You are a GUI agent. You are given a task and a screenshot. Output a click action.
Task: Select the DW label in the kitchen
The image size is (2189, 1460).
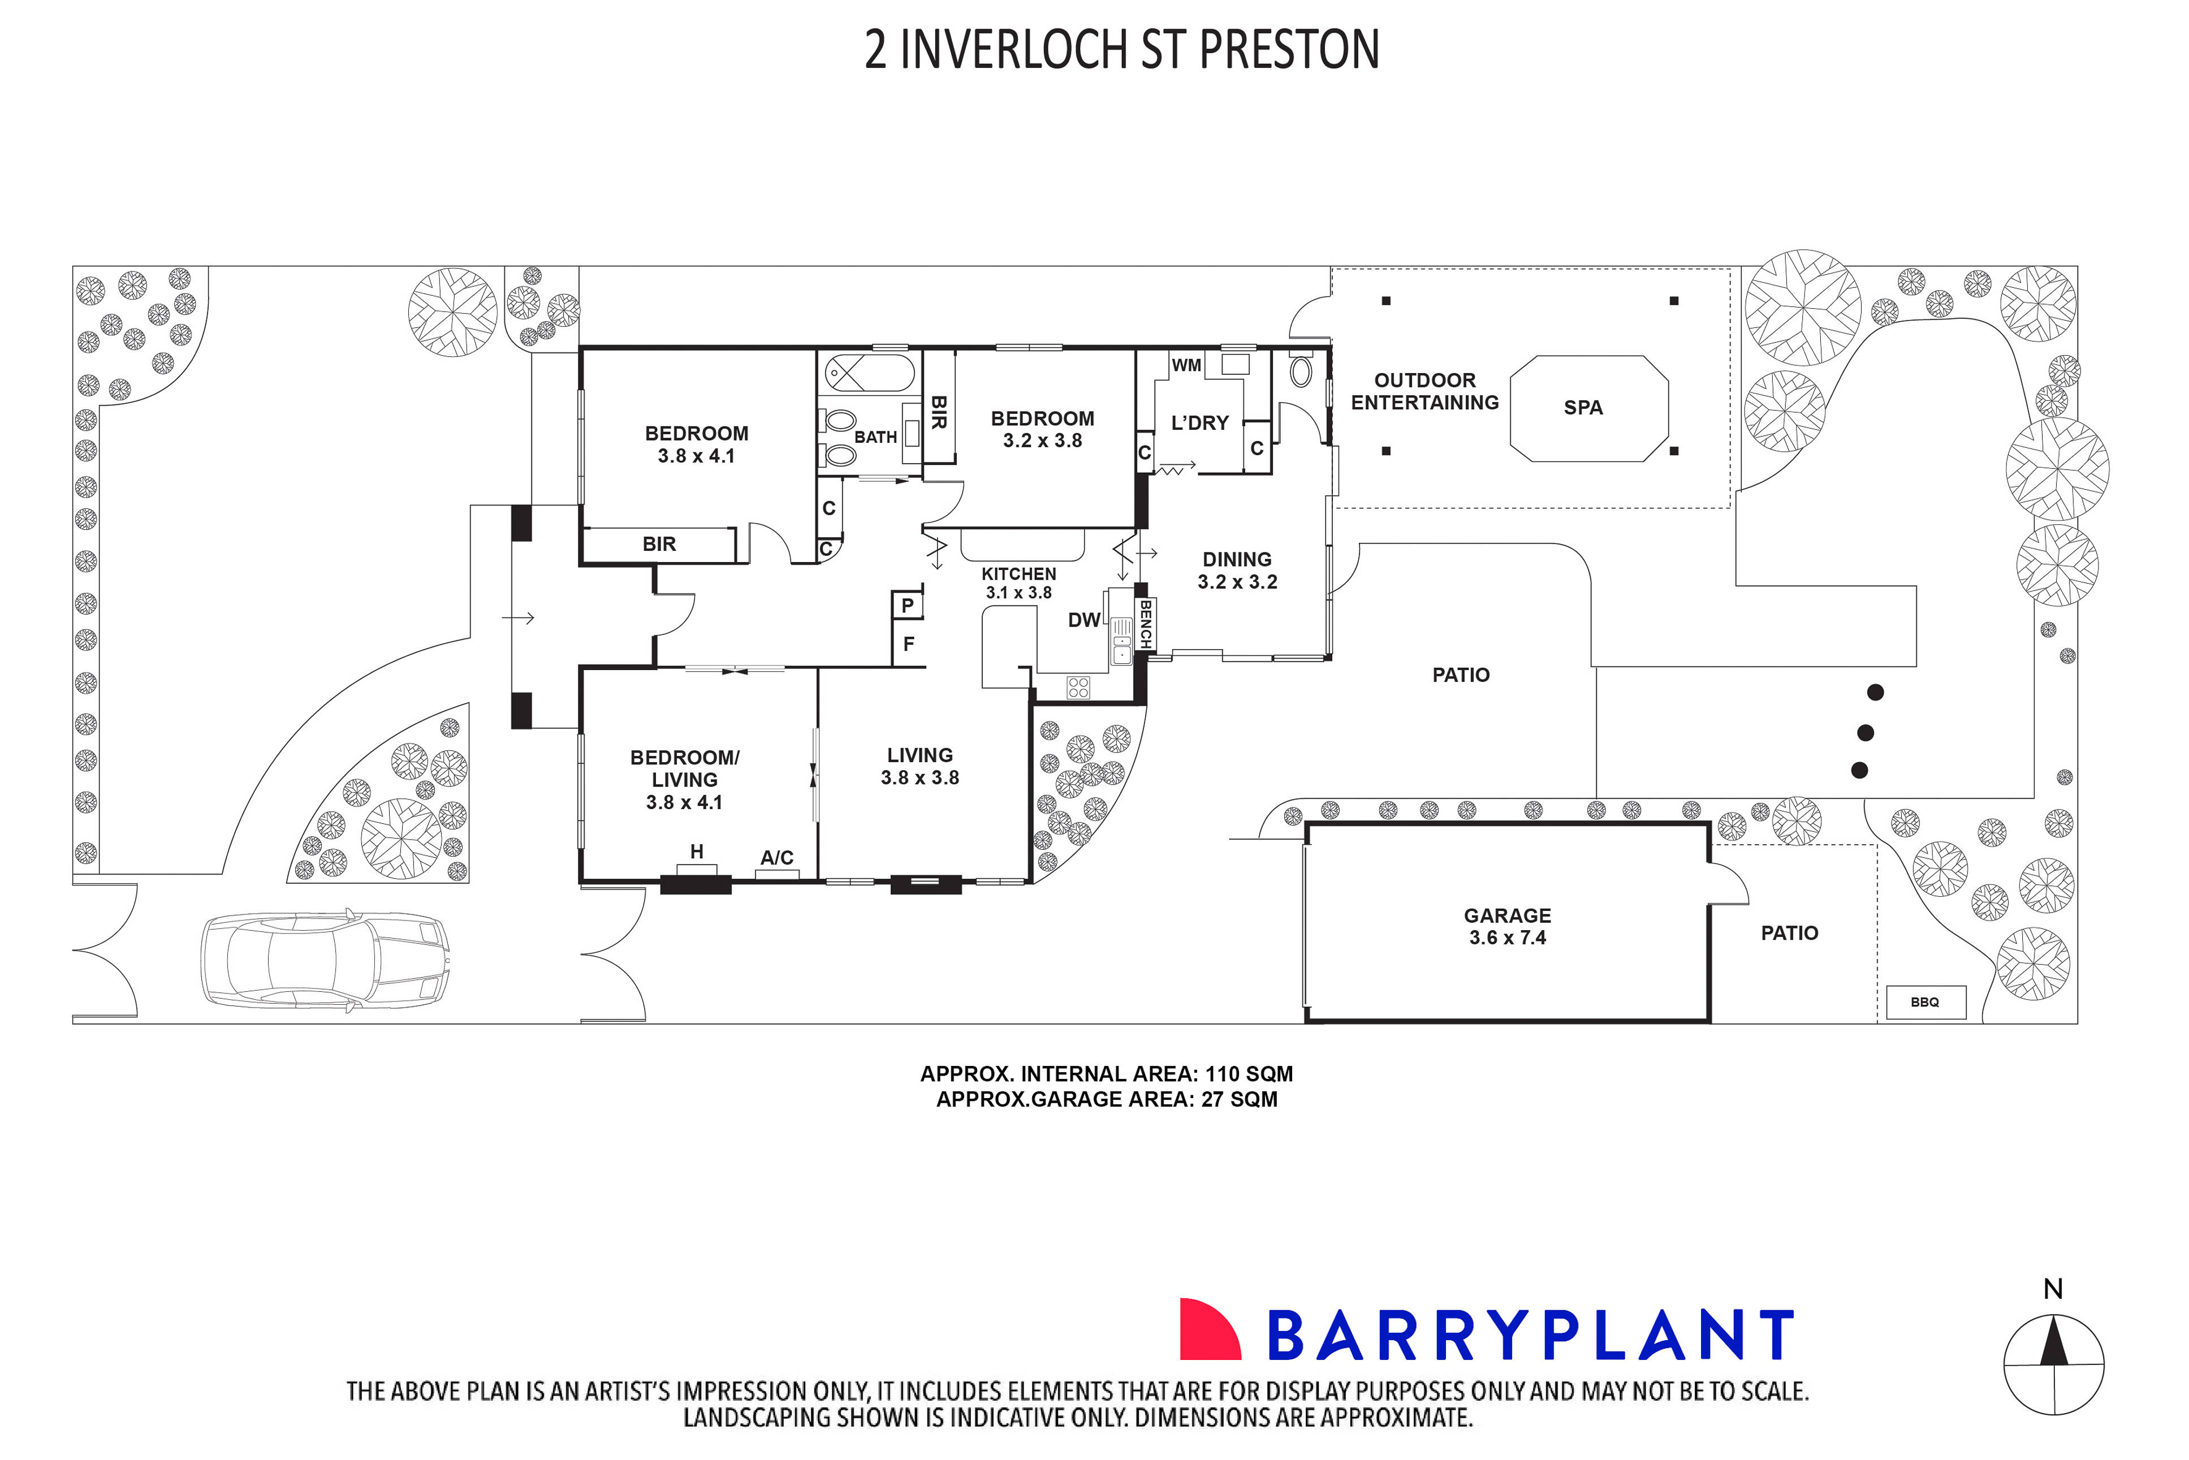(x=1083, y=620)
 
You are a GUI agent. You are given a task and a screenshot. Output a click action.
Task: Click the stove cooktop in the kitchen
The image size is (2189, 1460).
(x=1078, y=687)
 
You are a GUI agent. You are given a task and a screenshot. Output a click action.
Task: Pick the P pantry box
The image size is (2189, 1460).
(x=907, y=605)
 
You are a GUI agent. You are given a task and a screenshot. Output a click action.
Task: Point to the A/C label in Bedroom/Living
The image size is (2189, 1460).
(x=776, y=858)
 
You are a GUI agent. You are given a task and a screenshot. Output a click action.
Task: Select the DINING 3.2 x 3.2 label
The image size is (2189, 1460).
(x=1237, y=571)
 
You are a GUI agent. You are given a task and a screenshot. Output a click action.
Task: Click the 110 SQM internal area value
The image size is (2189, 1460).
(x=1249, y=1074)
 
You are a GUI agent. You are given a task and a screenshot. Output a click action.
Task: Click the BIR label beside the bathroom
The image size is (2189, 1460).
(x=939, y=412)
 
